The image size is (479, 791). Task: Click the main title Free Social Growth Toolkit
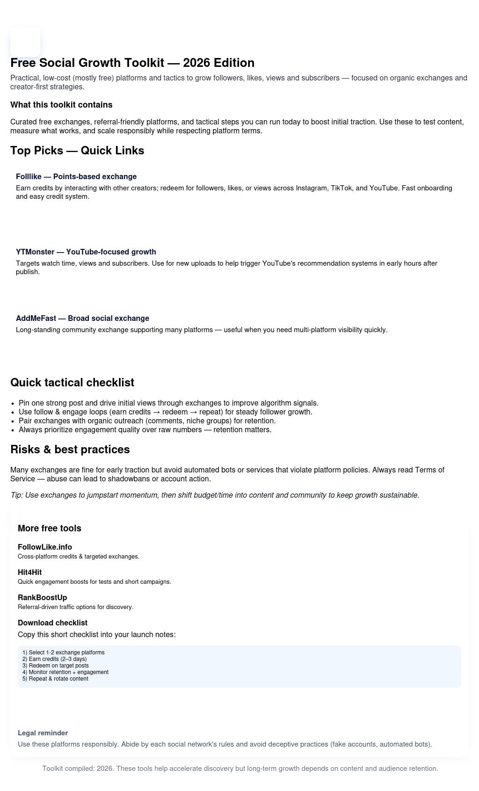tap(132, 63)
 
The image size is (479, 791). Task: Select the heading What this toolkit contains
tap(61, 105)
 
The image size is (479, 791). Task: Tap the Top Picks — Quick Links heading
tap(77, 151)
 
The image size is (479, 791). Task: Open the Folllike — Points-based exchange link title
tap(76, 177)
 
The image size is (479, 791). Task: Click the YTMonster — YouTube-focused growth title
tap(86, 252)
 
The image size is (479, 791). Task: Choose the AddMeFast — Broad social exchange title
tap(82, 319)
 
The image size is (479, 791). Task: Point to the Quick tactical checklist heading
tap(72, 383)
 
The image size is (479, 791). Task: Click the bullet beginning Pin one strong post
tap(168, 403)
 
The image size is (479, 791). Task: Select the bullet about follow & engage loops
tap(165, 412)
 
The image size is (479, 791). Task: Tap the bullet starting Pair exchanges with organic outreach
tap(147, 421)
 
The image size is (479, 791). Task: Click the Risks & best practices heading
tap(70, 450)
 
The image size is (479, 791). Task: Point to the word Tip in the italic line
tap(16, 495)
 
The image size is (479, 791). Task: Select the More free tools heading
tap(50, 529)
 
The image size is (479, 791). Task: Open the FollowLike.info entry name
tap(45, 547)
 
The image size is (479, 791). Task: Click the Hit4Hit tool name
tap(30, 573)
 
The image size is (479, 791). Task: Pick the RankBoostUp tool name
tap(43, 598)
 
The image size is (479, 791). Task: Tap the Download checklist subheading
tap(52, 623)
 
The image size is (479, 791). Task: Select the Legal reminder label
tap(43, 733)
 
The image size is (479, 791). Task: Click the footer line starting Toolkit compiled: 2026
tap(240, 769)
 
